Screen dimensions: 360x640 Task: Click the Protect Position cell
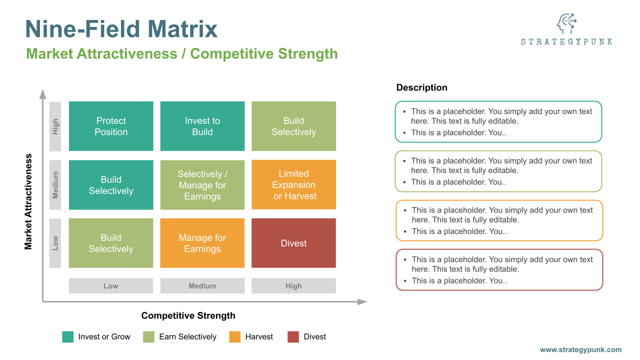pos(111,126)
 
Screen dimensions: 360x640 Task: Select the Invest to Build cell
pos(202,126)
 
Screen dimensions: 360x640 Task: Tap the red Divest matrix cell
pos(293,243)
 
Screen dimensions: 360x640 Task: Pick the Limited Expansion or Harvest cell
pos(293,184)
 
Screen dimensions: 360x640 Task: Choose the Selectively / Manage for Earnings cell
pos(202,185)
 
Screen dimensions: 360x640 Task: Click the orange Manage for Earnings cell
pos(202,243)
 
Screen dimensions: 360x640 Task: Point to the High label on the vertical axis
pos(55,126)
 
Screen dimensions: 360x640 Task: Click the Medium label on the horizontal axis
pos(202,286)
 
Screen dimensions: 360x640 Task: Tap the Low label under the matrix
pos(111,286)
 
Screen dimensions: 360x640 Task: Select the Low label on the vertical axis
pos(55,243)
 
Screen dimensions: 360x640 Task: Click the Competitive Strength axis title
pos(188,315)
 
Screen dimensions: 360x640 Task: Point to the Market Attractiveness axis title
pos(28,201)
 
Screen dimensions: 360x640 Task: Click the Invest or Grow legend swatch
pos(68,337)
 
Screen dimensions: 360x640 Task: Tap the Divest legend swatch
pos(293,337)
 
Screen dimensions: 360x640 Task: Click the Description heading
pos(421,87)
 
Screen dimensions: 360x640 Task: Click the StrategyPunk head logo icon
pos(566,24)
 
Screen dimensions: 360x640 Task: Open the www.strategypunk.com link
pos(580,350)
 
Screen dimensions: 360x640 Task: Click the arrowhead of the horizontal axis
pos(362,301)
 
